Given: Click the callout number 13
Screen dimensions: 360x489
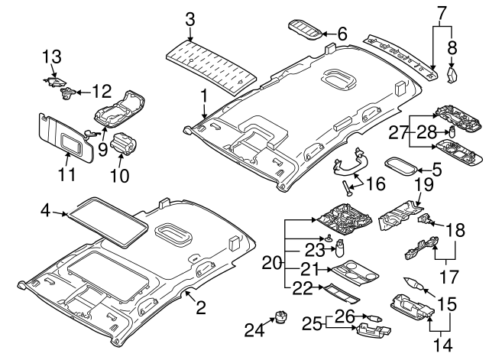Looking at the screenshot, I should pos(50,57).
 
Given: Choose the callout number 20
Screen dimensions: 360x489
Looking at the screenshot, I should pos(273,264).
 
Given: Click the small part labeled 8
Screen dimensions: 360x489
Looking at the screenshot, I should pos(452,74).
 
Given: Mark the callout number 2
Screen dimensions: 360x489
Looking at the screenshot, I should pos(200,309).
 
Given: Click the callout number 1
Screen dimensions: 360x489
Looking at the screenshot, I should pos(204,96).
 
